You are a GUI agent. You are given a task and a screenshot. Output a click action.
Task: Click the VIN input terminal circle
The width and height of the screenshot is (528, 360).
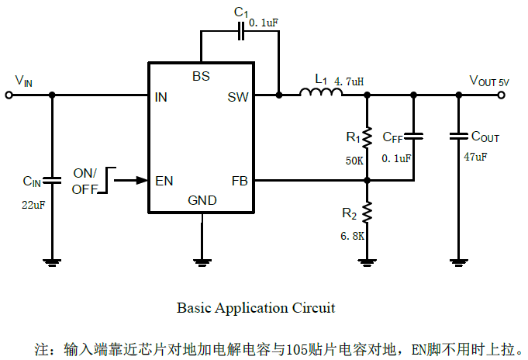pos(9,95)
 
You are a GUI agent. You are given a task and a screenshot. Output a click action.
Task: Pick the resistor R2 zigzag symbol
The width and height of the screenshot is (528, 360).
pos(368,213)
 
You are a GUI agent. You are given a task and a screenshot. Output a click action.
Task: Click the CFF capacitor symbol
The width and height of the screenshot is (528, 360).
pos(414,137)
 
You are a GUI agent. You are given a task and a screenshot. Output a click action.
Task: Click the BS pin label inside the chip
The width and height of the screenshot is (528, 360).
pos(201,76)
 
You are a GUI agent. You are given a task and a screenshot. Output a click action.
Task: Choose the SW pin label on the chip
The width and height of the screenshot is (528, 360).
pos(237,97)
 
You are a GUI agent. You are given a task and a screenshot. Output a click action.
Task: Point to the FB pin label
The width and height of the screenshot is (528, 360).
pos(239,181)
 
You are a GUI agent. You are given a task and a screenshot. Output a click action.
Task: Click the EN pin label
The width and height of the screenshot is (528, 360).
pos(164,181)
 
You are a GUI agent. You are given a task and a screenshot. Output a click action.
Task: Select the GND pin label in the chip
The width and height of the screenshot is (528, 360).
pos(202,201)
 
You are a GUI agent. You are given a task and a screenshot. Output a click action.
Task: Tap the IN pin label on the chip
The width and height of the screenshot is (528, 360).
pos(161,97)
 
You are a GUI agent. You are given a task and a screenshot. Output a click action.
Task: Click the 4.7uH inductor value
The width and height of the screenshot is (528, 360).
pos(349,81)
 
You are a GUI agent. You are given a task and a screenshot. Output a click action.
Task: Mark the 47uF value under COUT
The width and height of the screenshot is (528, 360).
pos(475,157)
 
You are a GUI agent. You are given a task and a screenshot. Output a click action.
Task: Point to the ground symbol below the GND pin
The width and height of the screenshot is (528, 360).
pos(202,261)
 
